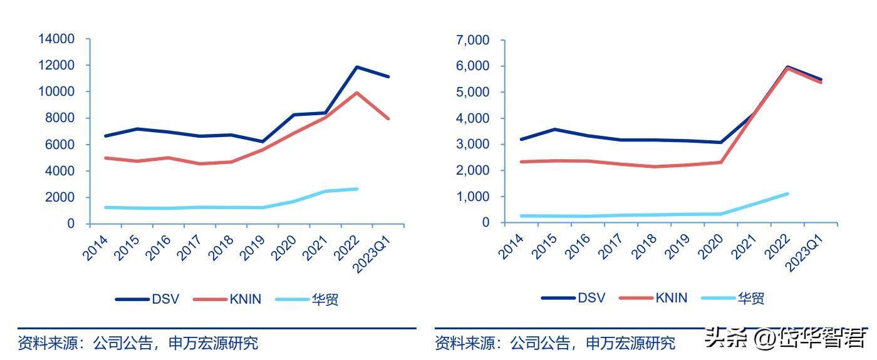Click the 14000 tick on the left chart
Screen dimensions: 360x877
tap(57, 39)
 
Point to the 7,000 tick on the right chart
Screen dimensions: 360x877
tap(474, 40)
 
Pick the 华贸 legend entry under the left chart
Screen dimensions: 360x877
tap(307, 299)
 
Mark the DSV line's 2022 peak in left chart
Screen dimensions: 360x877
tap(356, 67)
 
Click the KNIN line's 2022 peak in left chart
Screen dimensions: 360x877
tap(356, 93)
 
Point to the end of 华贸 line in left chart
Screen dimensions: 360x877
tap(356, 188)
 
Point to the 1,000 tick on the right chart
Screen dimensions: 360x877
tap(474, 197)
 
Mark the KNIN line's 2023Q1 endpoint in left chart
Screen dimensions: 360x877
tap(388, 118)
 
